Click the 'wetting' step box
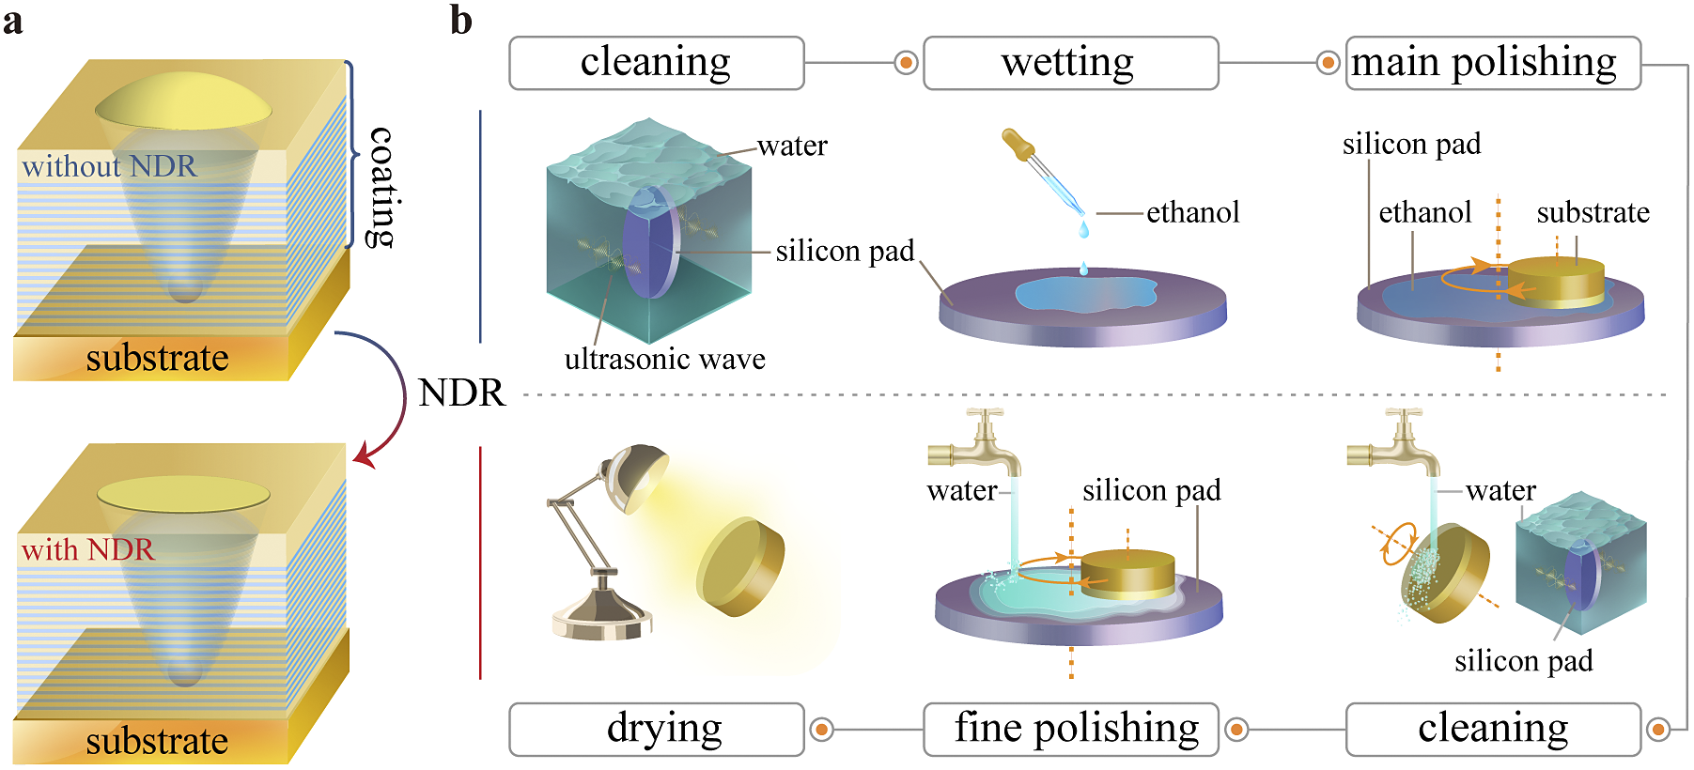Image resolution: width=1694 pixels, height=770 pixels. (1070, 63)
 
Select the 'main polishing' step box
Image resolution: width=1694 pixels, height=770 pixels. (1492, 63)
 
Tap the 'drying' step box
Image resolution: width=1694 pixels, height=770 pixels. (656, 729)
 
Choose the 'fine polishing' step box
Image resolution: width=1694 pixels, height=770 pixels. (1070, 729)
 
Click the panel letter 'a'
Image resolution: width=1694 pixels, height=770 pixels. (13, 21)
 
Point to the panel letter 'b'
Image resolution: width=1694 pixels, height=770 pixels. (460, 21)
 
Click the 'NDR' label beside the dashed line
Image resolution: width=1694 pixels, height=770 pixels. (461, 393)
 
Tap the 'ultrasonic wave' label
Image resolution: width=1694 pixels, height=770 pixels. (664, 359)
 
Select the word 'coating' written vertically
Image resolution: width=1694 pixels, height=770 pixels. (381, 187)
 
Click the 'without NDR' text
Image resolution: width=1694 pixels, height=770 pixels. (109, 166)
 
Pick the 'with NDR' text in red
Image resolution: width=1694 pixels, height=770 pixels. (87, 549)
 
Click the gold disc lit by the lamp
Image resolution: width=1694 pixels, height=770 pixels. (739, 566)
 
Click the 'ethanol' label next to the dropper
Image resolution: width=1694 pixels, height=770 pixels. (1192, 212)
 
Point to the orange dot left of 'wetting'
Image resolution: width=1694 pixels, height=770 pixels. (906, 63)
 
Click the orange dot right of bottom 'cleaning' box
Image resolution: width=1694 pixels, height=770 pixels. (1658, 729)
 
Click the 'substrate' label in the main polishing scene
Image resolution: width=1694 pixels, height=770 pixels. (1593, 212)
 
